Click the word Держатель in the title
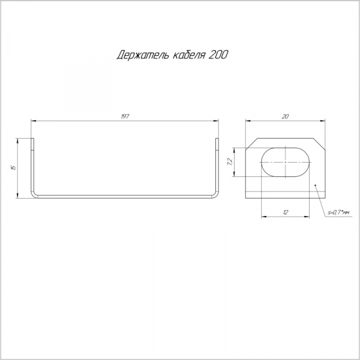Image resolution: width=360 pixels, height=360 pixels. [x=143, y=55]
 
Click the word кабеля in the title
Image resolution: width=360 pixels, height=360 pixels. [x=188, y=55]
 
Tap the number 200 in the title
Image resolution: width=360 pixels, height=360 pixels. [x=218, y=55]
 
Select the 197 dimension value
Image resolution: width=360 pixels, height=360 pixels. [x=125, y=116]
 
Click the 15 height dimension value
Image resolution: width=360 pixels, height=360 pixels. [x=14, y=167]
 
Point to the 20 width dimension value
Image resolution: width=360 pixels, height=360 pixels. [x=285, y=116]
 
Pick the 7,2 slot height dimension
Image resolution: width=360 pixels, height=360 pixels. [x=230, y=162]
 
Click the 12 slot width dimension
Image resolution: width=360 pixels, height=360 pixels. [x=285, y=212]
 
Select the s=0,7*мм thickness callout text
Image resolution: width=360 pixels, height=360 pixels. [x=338, y=213]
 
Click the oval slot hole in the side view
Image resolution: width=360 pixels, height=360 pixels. [x=286, y=162]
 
